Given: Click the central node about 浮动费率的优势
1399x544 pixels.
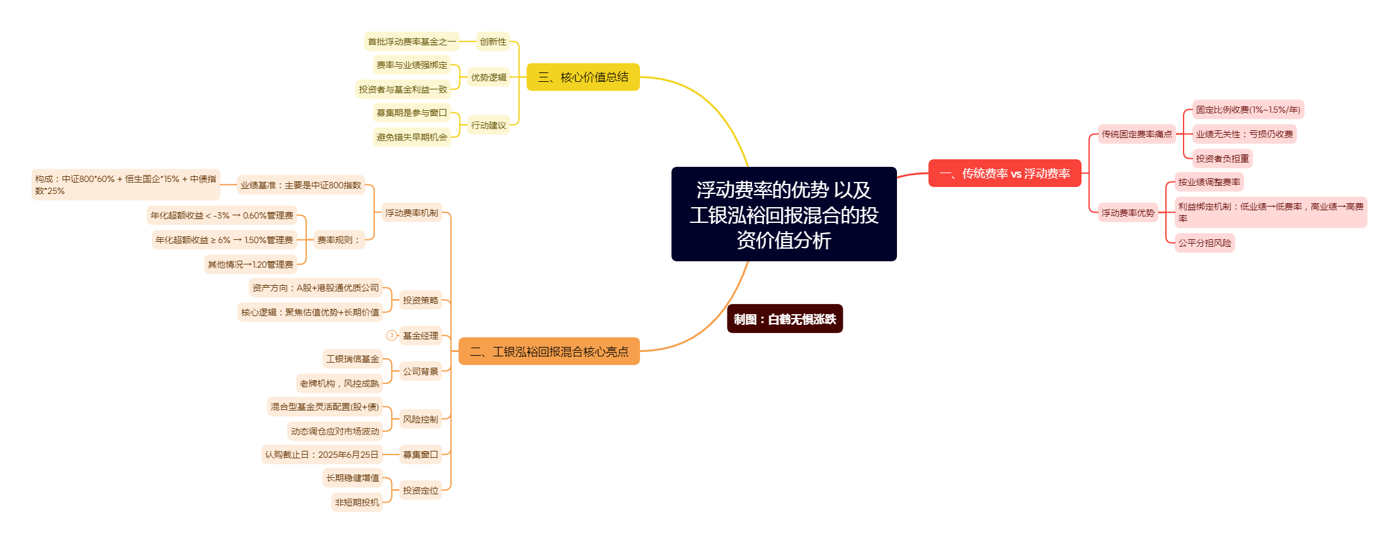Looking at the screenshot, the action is (x=784, y=214).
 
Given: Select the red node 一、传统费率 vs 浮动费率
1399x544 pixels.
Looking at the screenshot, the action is (x=1005, y=173).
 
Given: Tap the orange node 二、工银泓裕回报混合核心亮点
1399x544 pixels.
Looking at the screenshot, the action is (x=549, y=351).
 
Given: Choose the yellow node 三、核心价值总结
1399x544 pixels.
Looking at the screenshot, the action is (x=583, y=77).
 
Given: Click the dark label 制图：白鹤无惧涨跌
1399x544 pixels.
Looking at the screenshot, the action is (x=785, y=319).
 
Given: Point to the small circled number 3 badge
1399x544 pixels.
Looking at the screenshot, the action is (x=392, y=336).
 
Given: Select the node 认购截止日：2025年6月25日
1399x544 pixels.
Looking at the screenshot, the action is (x=322, y=455).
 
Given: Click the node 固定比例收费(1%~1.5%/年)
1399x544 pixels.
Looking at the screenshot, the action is (x=1248, y=110).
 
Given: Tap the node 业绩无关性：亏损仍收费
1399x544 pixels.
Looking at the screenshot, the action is (x=1244, y=134).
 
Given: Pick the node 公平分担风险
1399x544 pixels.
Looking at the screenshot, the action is (x=1204, y=243).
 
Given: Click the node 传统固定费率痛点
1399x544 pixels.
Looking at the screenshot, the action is (x=1136, y=134).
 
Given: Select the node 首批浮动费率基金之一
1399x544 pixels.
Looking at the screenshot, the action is (x=412, y=42).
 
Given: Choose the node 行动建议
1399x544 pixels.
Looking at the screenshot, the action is (x=489, y=125).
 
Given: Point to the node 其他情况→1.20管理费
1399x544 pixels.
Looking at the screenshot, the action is (x=251, y=264).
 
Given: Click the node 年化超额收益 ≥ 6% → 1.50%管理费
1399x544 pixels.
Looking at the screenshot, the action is (x=224, y=240).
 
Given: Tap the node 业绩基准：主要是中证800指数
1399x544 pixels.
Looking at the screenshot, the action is (x=301, y=185).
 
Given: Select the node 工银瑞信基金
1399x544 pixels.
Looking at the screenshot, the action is (x=353, y=359).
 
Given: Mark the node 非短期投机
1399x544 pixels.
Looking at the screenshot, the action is (x=357, y=502).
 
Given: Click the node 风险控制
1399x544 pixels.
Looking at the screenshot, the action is (x=421, y=419).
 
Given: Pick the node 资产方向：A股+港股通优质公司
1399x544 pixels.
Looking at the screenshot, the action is (x=316, y=288).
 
